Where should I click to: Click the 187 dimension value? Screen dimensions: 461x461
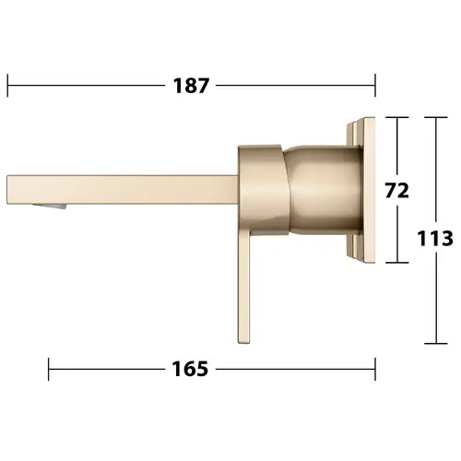pos(191,86)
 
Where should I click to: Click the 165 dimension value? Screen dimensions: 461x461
pos(190,369)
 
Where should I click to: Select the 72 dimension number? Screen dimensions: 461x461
pos(397,191)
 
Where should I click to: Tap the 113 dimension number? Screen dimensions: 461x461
pos(435,238)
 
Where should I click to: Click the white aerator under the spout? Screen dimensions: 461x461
pos(50,207)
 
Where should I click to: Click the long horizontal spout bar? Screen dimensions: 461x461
pos(123,189)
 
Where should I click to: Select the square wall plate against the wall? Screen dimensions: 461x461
pos(361,191)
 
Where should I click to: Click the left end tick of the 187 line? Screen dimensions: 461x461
pos(7,86)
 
